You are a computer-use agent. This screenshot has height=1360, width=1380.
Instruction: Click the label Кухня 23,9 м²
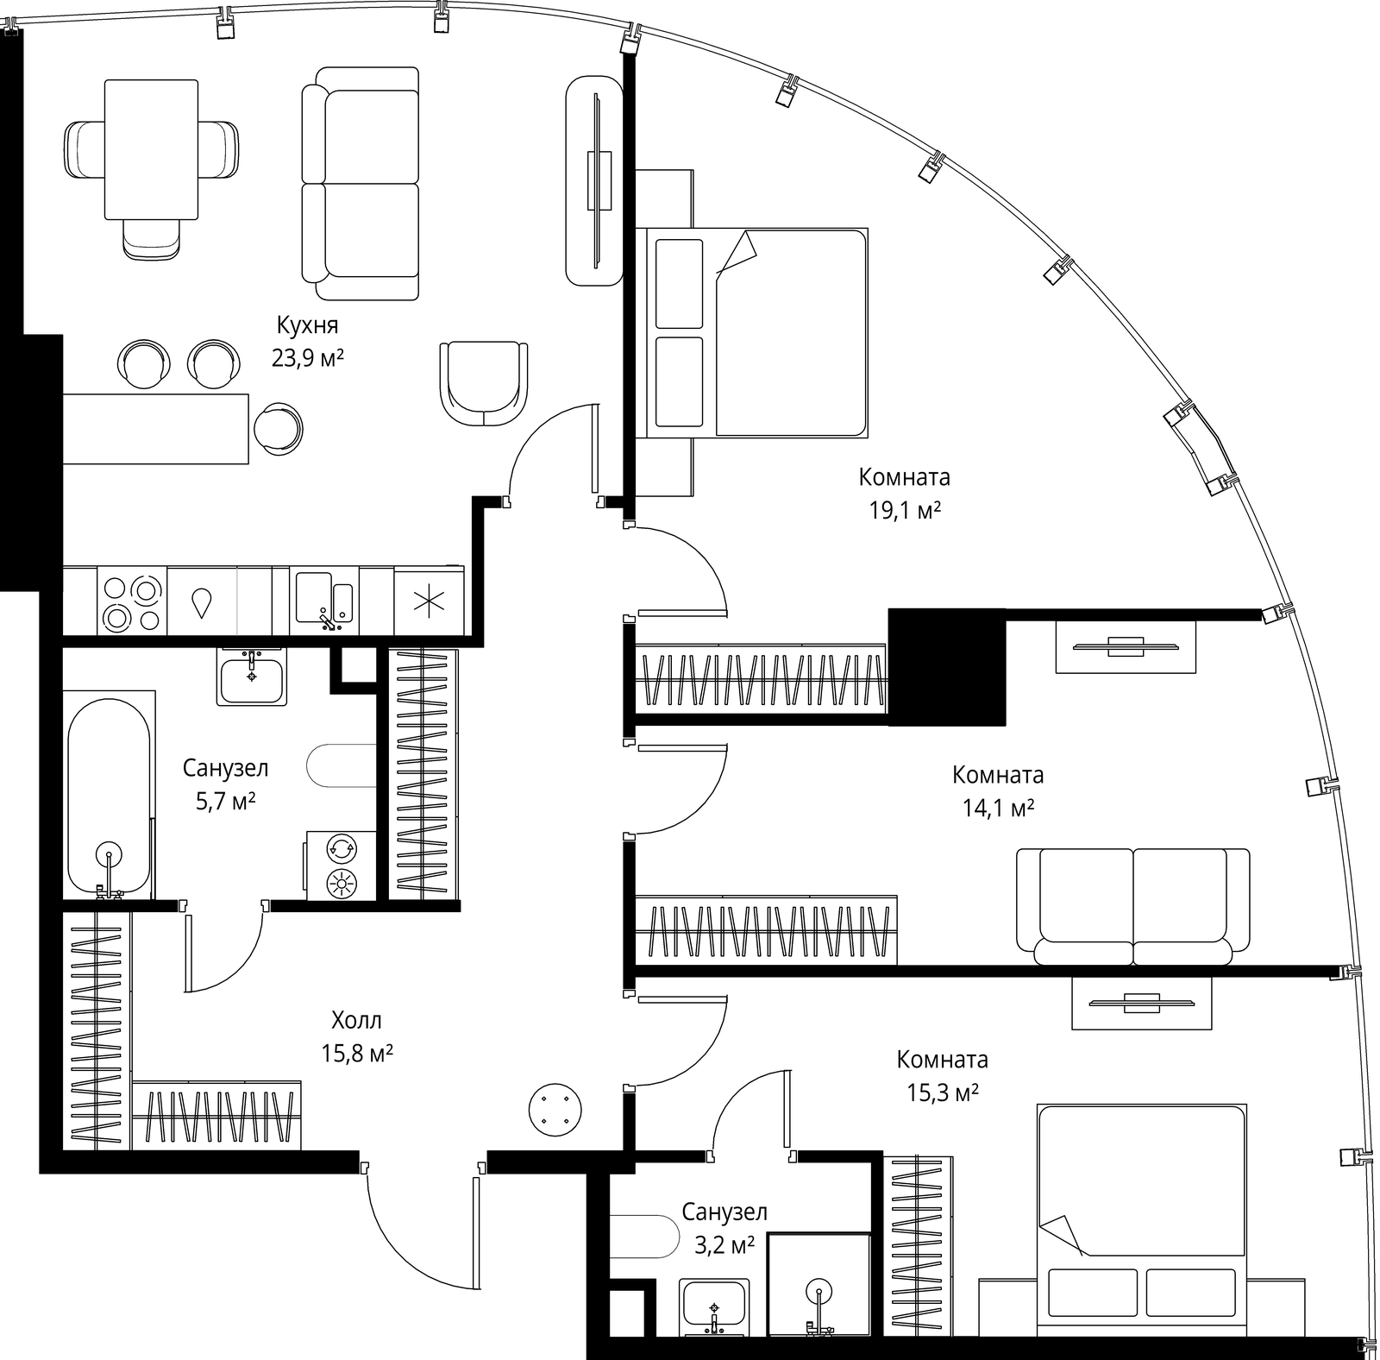308,342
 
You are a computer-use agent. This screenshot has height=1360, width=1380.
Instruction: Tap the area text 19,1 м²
905,511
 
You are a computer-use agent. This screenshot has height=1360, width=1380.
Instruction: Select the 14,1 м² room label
998,809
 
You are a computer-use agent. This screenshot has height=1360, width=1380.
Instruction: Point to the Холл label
356,1021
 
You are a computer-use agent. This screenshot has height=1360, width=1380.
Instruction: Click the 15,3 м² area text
942,1093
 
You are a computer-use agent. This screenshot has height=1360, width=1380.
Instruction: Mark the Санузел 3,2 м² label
724,1228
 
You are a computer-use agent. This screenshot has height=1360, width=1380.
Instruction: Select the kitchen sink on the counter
324,597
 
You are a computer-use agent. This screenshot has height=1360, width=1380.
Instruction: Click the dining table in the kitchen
152,148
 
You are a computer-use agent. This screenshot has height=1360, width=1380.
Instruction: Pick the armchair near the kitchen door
483,384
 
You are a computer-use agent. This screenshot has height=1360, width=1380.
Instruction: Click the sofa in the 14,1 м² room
1132,907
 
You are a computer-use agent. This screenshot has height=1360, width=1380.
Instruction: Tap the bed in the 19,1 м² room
751,332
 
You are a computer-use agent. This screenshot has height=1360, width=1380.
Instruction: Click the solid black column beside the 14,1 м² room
947,667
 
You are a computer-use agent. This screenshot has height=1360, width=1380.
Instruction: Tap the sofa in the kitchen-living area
361,184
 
